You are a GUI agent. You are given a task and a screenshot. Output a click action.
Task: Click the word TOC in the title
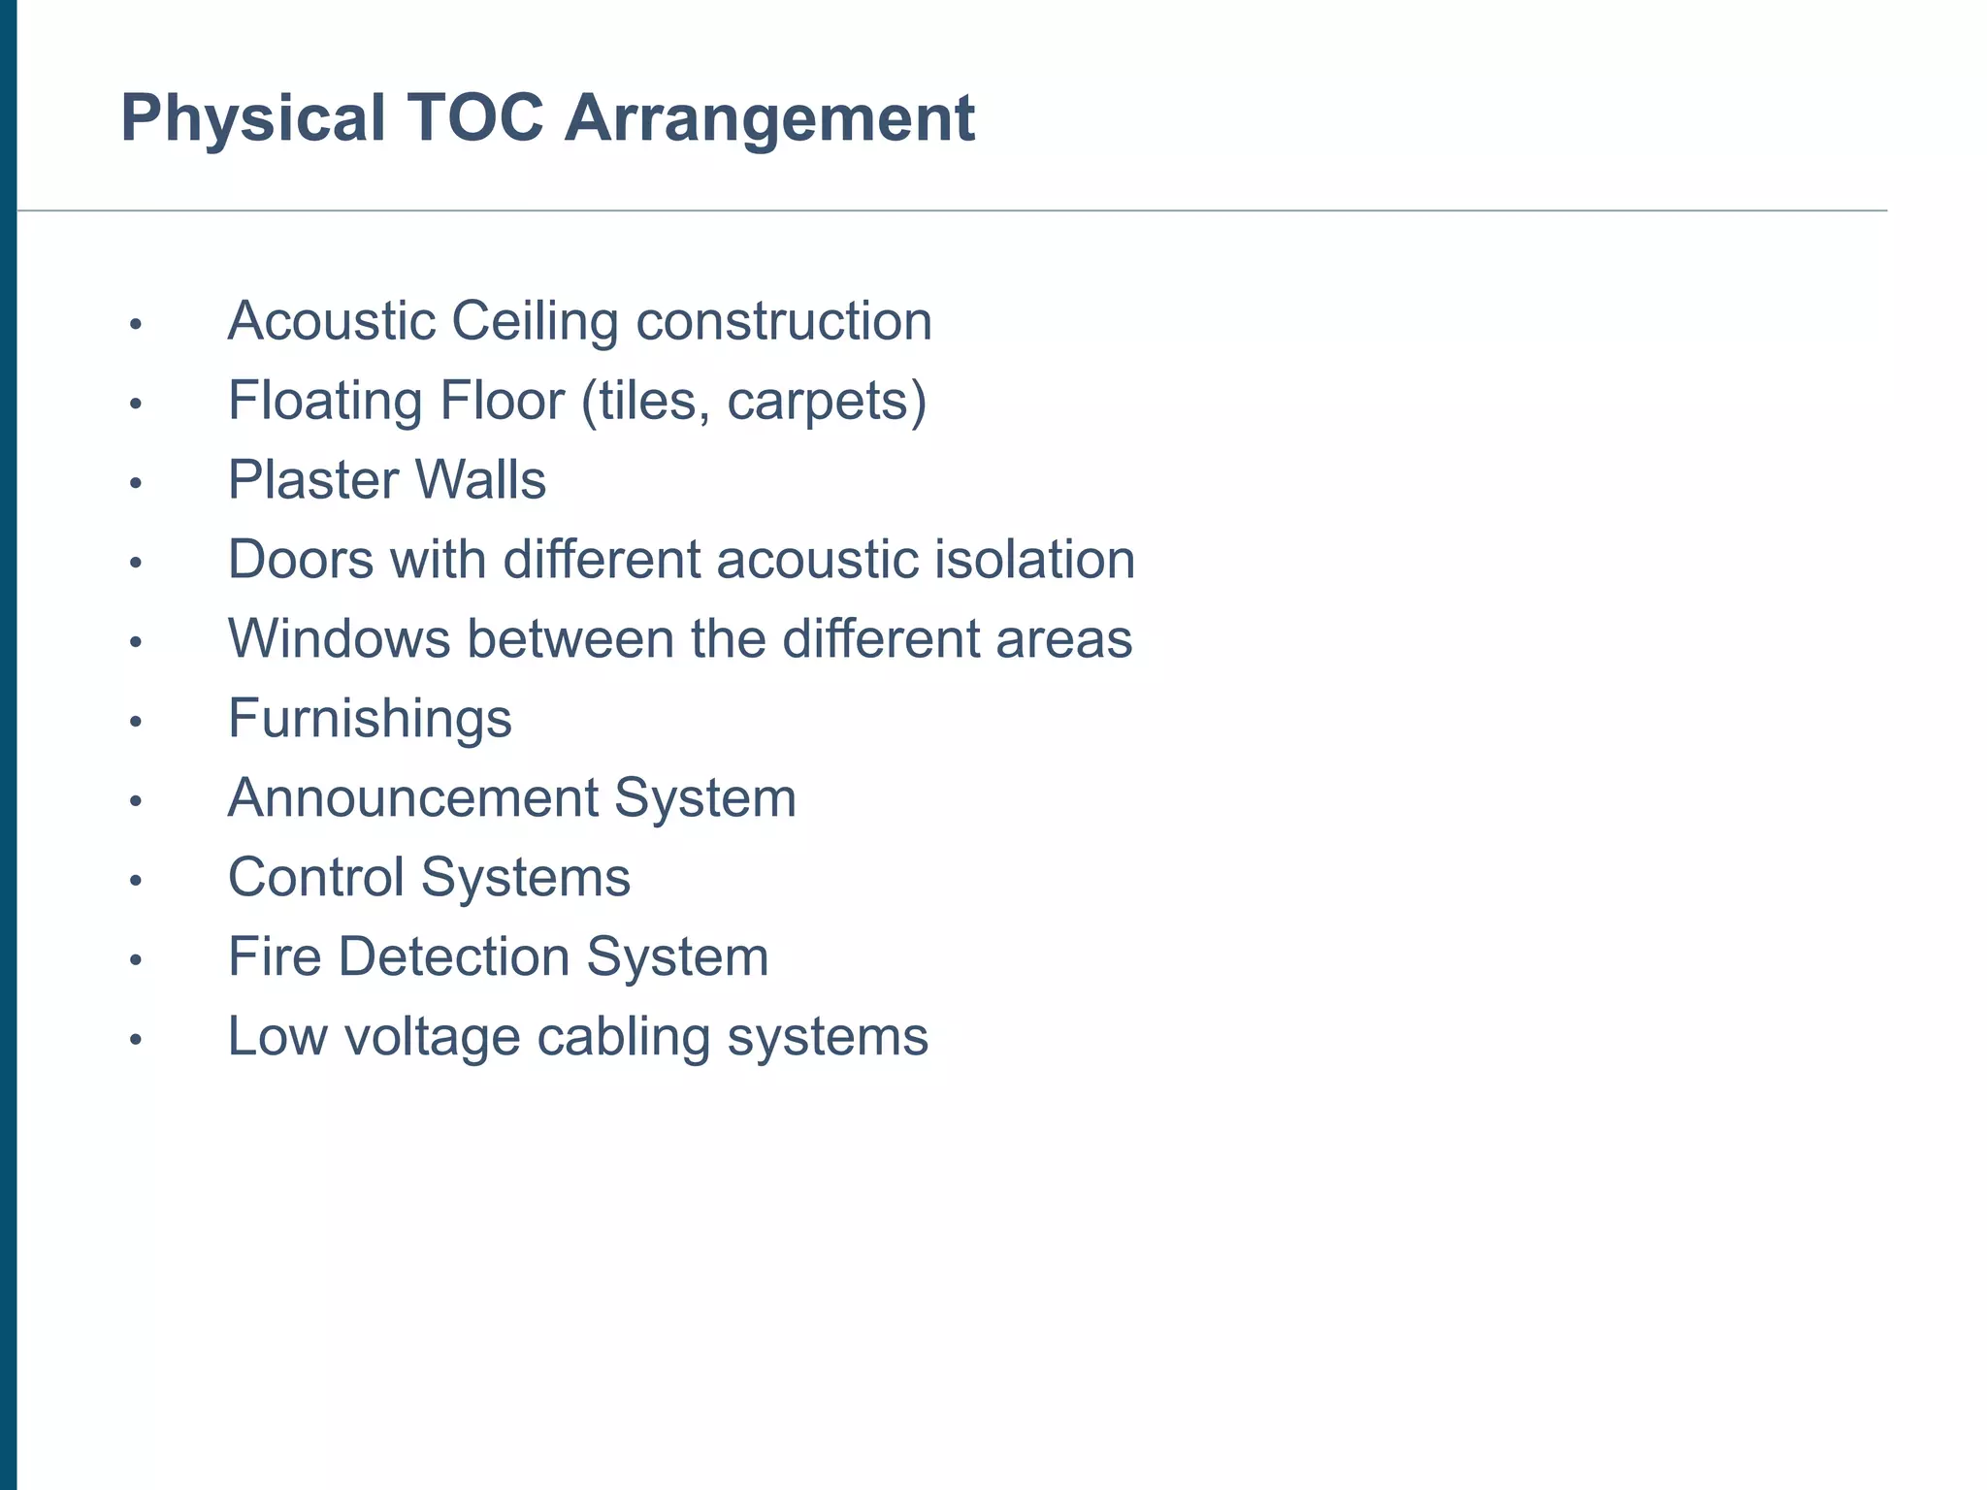coord(475,118)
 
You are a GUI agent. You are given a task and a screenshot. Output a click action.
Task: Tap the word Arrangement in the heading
coord(769,118)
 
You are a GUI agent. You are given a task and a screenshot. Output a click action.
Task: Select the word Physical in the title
coord(253,118)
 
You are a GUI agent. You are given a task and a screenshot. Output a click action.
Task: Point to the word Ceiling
coord(534,321)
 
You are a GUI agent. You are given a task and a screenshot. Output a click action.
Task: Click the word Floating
coord(324,401)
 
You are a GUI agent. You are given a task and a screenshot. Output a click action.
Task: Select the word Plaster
coord(312,480)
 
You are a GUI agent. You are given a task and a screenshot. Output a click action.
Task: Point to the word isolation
coord(1034,560)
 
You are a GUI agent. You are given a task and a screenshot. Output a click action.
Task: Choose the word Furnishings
coord(370,719)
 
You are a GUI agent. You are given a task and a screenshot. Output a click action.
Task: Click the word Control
coord(315,878)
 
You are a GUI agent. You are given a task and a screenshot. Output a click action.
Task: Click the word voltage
coord(432,1037)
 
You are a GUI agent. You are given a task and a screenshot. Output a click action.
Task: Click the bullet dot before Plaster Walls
coord(136,483)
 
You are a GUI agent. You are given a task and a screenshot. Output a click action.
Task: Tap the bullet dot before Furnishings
coord(136,722)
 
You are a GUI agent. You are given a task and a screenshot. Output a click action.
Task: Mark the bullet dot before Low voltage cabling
coord(136,1040)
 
